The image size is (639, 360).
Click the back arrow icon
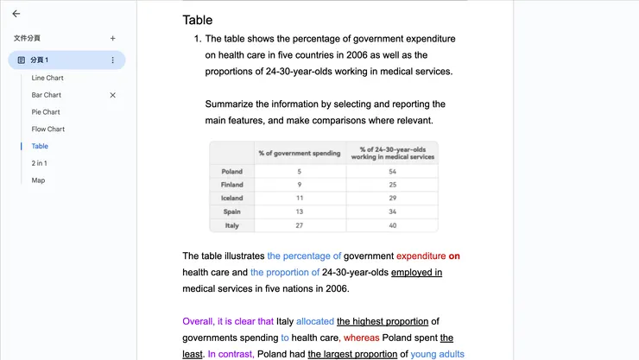coord(16,14)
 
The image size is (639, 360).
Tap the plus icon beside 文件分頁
coord(112,38)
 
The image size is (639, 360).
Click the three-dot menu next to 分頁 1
coord(112,60)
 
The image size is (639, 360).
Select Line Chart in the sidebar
coord(47,78)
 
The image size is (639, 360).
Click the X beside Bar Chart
coord(112,95)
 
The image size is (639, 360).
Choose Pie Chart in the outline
coord(46,112)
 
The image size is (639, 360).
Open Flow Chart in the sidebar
coord(48,129)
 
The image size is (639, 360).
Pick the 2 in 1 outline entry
coord(40,163)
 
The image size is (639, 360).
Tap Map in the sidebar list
coord(38,180)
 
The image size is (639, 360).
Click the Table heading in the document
coord(198,20)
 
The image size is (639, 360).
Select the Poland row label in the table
coord(232,172)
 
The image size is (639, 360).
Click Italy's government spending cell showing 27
coord(300,225)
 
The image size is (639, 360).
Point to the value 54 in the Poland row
coord(392,172)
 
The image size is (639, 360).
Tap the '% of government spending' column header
coord(300,153)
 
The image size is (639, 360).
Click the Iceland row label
coord(232,199)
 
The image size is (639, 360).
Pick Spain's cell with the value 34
coord(392,212)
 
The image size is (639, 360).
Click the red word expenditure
coord(421,256)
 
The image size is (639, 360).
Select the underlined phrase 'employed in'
coord(416,273)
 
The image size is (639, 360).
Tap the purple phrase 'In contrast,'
coord(231,354)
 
